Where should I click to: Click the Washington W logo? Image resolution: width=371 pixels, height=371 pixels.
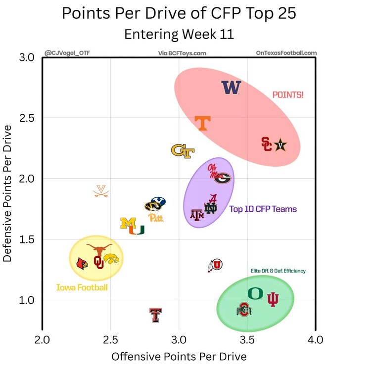click(231, 88)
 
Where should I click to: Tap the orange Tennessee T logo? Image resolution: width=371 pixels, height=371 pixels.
click(202, 123)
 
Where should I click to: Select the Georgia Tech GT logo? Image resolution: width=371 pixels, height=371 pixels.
click(183, 150)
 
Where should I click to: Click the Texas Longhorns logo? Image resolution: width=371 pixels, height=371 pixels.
click(99, 249)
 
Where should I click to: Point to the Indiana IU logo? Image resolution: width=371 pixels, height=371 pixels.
click(273, 299)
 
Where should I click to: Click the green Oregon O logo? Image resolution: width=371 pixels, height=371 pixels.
click(255, 293)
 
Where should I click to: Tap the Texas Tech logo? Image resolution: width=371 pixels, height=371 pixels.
click(156, 315)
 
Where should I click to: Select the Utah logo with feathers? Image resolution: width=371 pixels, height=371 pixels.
click(215, 266)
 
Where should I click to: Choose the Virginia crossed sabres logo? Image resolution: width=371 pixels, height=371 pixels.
click(101, 191)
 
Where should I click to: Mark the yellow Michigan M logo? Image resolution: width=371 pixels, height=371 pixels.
click(128, 223)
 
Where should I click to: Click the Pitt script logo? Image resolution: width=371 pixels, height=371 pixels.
click(155, 218)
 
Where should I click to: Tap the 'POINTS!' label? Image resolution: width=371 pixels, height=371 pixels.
click(288, 94)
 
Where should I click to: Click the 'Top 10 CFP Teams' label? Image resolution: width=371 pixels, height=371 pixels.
click(263, 209)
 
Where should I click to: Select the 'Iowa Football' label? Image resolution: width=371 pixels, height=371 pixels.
click(82, 287)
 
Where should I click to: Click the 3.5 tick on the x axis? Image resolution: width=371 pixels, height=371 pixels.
click(247, 340)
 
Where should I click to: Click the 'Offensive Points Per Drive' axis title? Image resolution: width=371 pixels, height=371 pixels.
click(179, 356)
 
